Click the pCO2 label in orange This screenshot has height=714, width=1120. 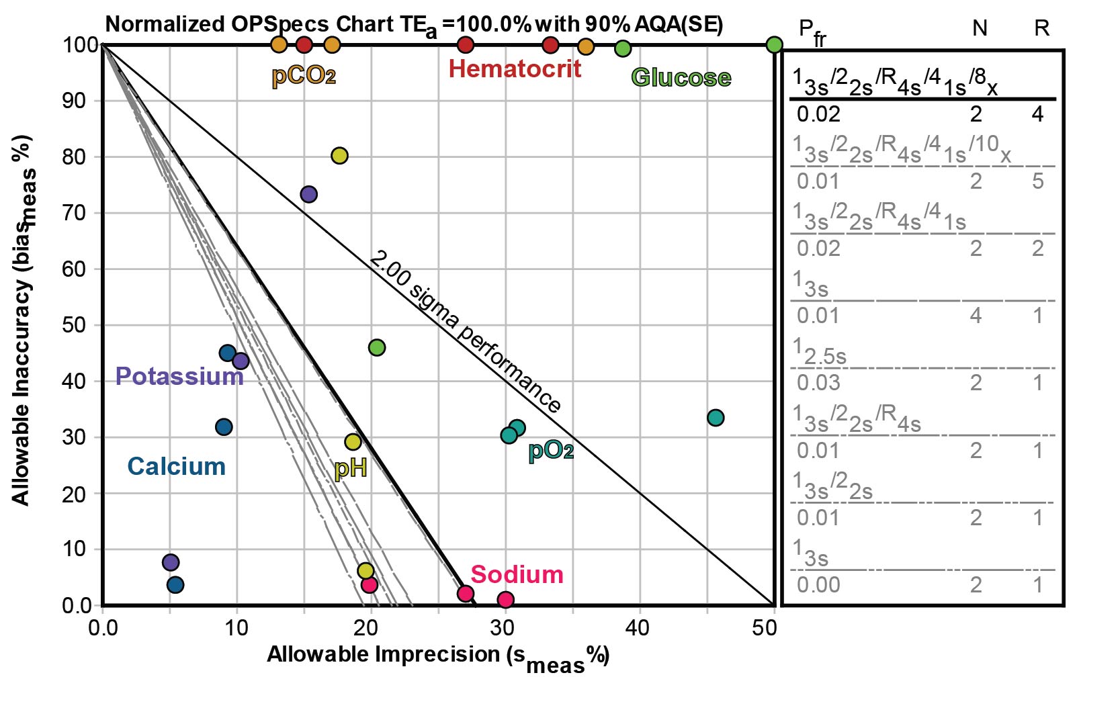303,75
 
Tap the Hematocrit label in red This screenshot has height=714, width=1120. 515,69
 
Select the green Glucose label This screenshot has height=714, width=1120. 681,77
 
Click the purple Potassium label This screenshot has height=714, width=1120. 179,376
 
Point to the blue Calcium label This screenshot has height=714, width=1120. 176,466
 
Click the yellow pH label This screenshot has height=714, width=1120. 351,467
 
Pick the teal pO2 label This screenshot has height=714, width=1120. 551,450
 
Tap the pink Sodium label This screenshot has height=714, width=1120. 516,574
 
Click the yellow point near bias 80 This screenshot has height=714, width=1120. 339,156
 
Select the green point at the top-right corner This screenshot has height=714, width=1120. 774,45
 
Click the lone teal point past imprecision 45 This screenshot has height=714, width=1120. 716,418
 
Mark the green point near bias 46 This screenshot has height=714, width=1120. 377,347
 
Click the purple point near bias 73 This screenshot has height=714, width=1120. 308,194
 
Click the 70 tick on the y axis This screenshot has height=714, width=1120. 78,213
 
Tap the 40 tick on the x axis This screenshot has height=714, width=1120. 636,628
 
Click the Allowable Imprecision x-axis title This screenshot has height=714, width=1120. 437,656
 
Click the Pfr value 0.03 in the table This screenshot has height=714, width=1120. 818,383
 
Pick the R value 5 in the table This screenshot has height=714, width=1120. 1038,181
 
